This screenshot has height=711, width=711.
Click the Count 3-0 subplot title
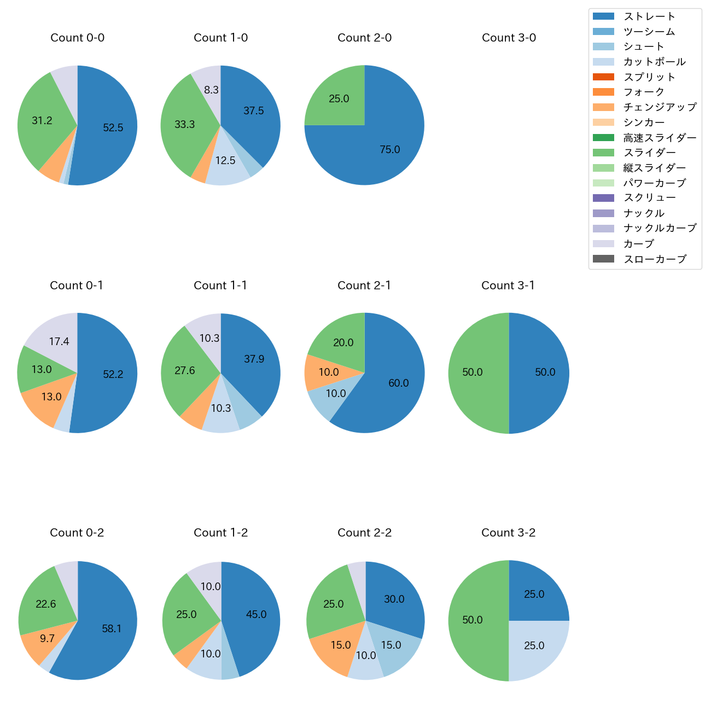pos(509,38)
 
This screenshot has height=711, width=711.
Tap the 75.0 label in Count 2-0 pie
pos(390,149)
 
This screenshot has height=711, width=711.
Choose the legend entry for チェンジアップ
pos(660,107)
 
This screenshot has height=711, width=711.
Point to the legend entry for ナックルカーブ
pos(660,229)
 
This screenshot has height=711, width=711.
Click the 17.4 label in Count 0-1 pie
pos(59,342)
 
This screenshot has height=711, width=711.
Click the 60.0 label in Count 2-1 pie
pos(398,383)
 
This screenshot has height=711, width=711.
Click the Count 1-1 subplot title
pos(220,285)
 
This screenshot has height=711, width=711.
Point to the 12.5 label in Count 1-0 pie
pos(225,161)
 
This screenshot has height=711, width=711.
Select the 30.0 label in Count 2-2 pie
pos(394,599)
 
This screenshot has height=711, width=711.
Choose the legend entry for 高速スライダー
pos(660,138)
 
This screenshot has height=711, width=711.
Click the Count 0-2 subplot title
pos(77,533)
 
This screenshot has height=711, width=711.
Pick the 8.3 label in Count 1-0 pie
pos(211,90)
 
